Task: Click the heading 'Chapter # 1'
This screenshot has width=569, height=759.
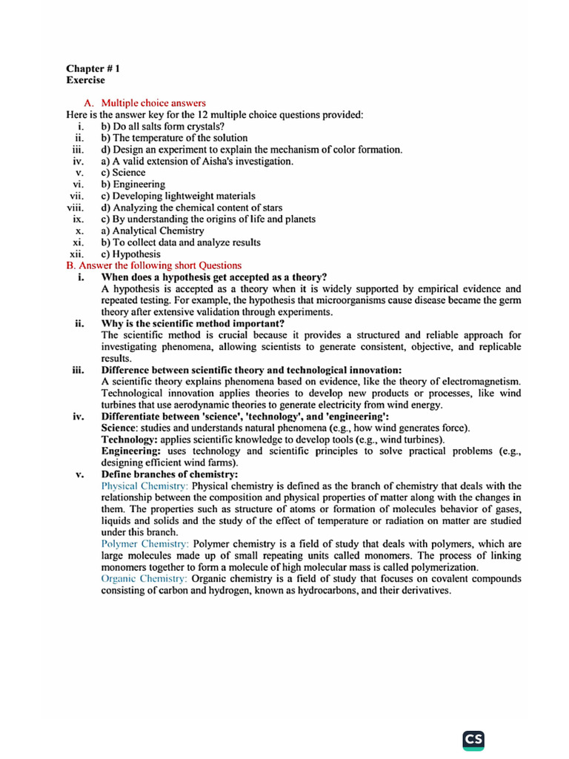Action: pos(93,68)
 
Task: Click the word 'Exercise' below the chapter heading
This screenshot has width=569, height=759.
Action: pos(85,79)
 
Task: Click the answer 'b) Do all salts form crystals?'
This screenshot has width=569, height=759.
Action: pos(163,126)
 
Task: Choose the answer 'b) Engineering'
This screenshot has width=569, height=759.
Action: pos(133,185)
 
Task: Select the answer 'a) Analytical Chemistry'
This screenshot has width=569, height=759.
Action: pos(153,231)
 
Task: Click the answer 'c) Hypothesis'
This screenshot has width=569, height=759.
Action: pos(130,253)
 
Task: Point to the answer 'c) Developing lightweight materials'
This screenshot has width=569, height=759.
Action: pos(178,196)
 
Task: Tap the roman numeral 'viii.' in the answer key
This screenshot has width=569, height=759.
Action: pos(76,208)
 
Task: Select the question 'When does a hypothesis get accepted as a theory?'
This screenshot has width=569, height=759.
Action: pos(214,277)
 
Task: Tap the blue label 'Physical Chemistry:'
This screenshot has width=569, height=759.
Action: pos(144,485)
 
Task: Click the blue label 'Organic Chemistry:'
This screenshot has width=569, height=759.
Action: pos(144,578)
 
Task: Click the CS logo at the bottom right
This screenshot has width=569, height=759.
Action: pos(473,739)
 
